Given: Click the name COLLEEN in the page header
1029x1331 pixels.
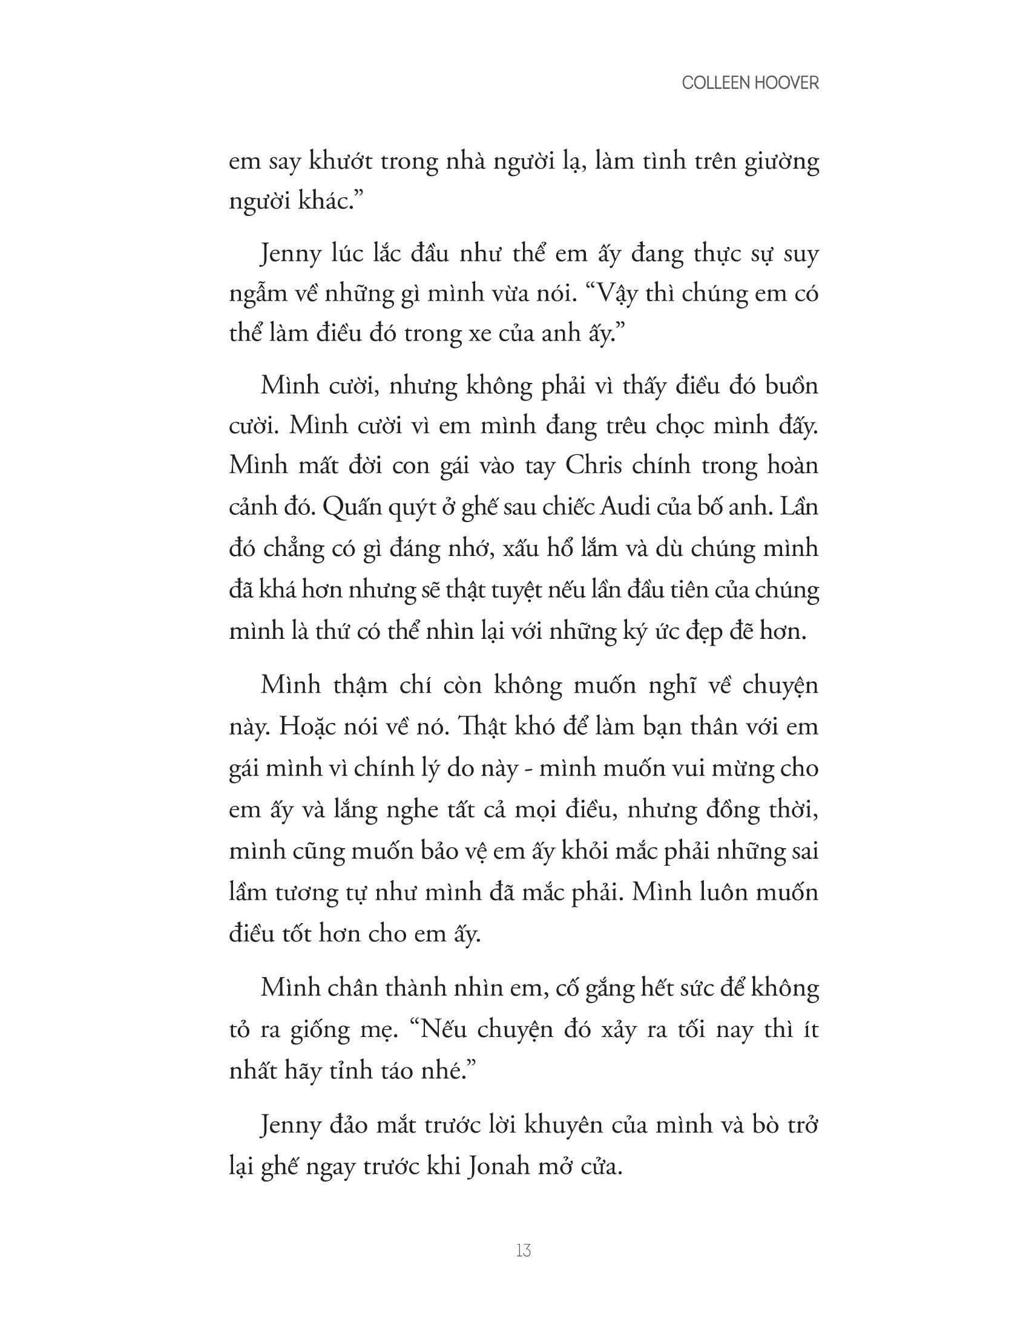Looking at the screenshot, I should coord(715,84).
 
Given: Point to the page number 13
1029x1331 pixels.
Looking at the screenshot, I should coord(523,1251).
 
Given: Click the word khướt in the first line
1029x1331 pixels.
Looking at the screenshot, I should coord(341,162).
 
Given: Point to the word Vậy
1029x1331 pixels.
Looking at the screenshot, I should coord(612,295).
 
